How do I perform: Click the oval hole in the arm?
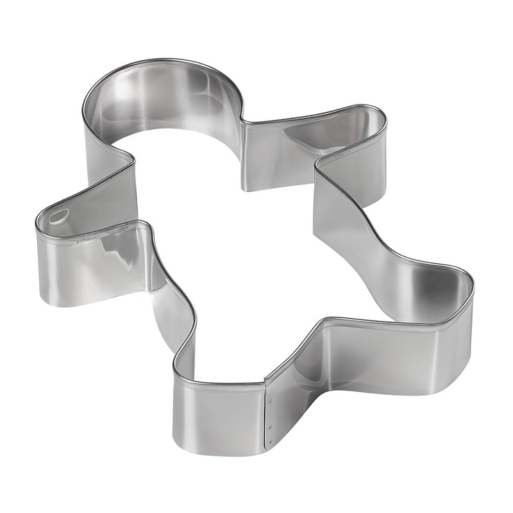(58, 216)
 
